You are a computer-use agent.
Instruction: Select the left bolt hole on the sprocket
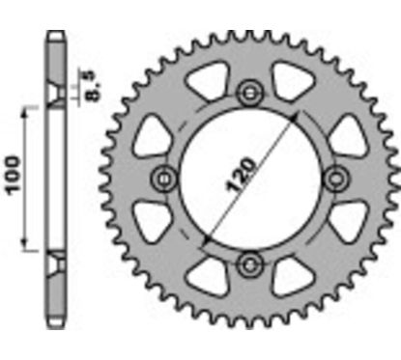[164, 178]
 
